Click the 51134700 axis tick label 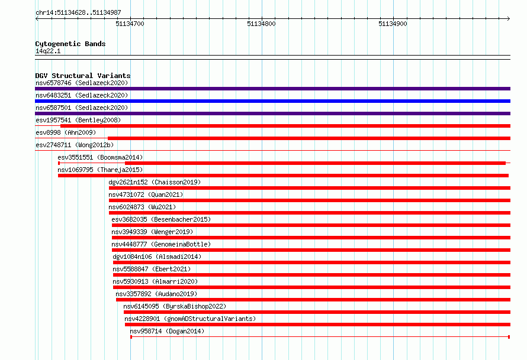[130, 24]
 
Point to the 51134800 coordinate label [261, 24]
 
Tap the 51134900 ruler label [393, 24]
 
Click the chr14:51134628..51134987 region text [78, 12]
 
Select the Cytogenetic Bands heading [70, 44]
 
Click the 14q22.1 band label [48, 51]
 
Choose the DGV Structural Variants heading [83, 76]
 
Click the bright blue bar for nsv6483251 [272, 101]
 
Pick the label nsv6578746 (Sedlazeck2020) [82, 83]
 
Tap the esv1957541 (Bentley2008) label [78, 120]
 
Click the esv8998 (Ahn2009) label [66, 132]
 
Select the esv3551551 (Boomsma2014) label [100, 157]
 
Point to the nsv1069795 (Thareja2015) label [100, 170]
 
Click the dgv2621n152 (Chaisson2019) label [155, 182]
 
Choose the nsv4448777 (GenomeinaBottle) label [161, 244]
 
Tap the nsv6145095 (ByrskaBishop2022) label [175, 306]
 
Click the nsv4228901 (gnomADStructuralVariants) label [190, 319]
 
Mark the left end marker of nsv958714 [131, 337]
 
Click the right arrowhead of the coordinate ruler [509, 18]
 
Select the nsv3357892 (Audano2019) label [156, 294]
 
